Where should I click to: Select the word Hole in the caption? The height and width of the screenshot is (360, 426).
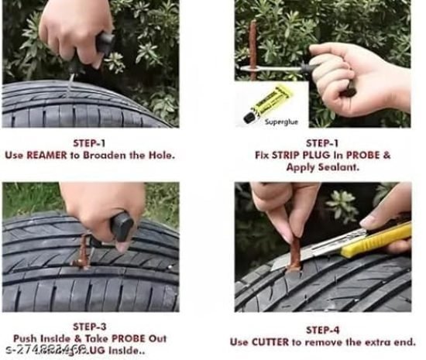pyautogui.click(x=160, y=155)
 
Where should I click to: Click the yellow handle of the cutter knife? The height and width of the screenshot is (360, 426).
pyautogui.click(x=385, y=239)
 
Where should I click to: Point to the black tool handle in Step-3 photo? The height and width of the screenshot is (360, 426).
pyautogui.click(x=122, y=227)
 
